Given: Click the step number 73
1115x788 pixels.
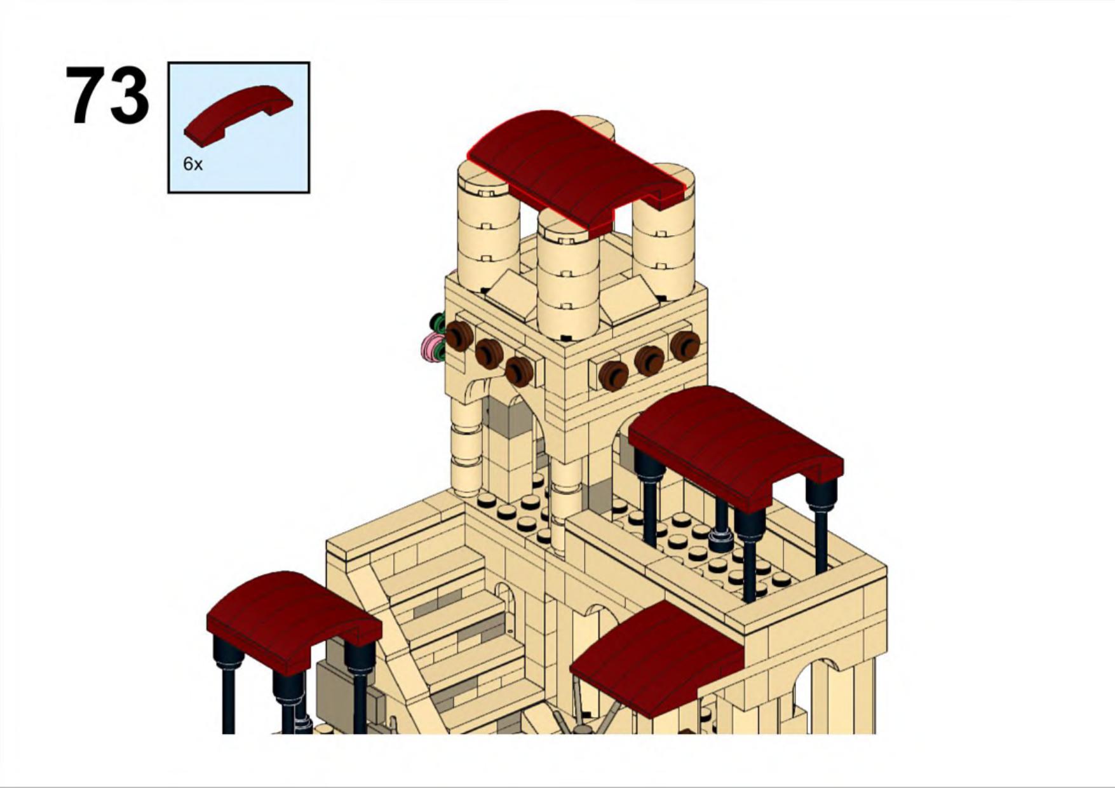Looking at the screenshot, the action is click(x=107, y=95).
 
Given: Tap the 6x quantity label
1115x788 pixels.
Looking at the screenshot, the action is click(x=193, y=164).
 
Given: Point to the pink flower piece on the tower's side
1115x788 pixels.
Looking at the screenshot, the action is click(x=433, y=347).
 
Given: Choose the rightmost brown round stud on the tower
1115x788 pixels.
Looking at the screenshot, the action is click(x=685, y=346).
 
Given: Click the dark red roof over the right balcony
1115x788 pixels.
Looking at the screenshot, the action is click(x=736, y=445).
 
